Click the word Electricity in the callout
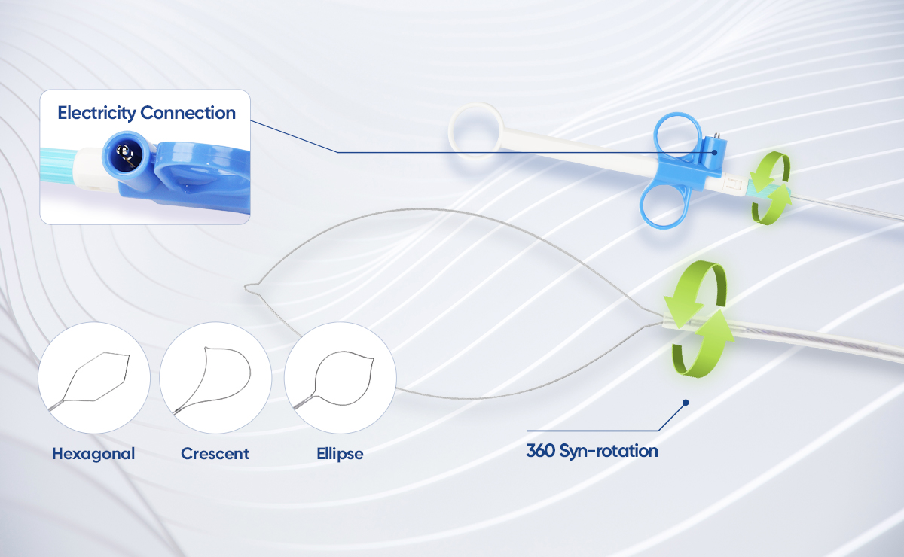(96, 113)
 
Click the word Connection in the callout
(188, 113)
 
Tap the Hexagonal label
(93, 454)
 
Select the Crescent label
(215, 454)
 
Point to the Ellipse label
(340, 454)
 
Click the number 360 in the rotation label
(541, 451)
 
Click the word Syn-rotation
(609, 452)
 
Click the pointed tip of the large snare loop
(245, 288)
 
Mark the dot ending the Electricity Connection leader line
(714, 153)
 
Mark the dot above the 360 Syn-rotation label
(686, 403)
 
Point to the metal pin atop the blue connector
(715, 135)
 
